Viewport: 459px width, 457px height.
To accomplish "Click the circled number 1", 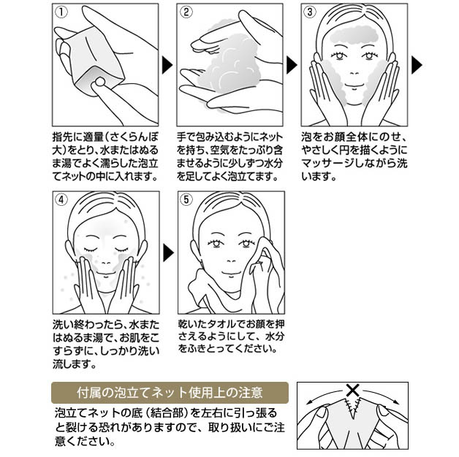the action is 61,12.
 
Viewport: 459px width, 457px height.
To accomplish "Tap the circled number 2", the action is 186,12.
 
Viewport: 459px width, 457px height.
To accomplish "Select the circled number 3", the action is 310,12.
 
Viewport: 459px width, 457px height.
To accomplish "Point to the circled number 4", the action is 61,200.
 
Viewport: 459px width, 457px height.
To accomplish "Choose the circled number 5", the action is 186,200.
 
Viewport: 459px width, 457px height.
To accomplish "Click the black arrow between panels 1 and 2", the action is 167,65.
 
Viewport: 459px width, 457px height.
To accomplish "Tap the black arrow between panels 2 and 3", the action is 292,65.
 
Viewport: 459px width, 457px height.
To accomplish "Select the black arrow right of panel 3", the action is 417,65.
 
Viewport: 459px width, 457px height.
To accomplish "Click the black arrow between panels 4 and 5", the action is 168,253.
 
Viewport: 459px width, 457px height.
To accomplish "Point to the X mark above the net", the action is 353,390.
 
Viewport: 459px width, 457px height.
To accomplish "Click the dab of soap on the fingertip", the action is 100,82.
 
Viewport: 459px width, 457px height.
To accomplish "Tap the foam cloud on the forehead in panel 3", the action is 354,35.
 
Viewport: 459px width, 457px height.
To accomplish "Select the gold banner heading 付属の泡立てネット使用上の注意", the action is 170,393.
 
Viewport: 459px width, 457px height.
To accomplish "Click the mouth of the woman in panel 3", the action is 354,85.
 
